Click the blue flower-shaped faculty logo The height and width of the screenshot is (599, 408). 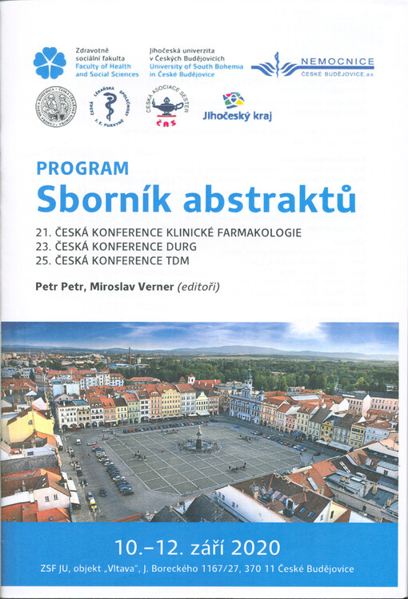(x=50, y=63)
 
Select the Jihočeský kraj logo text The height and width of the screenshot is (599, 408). (x=237, y=116)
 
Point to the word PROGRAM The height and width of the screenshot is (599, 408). (x=82, y=169)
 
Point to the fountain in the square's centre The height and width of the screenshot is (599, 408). (x=199, y=439)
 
